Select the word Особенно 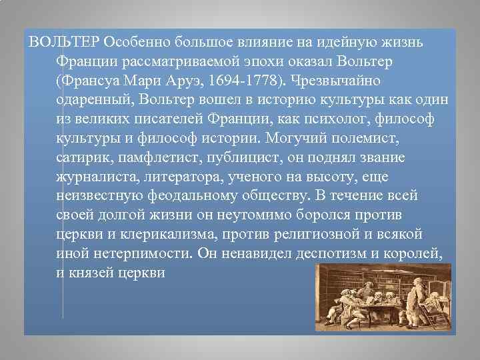137,42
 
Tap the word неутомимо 226,216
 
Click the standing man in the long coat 418,293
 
